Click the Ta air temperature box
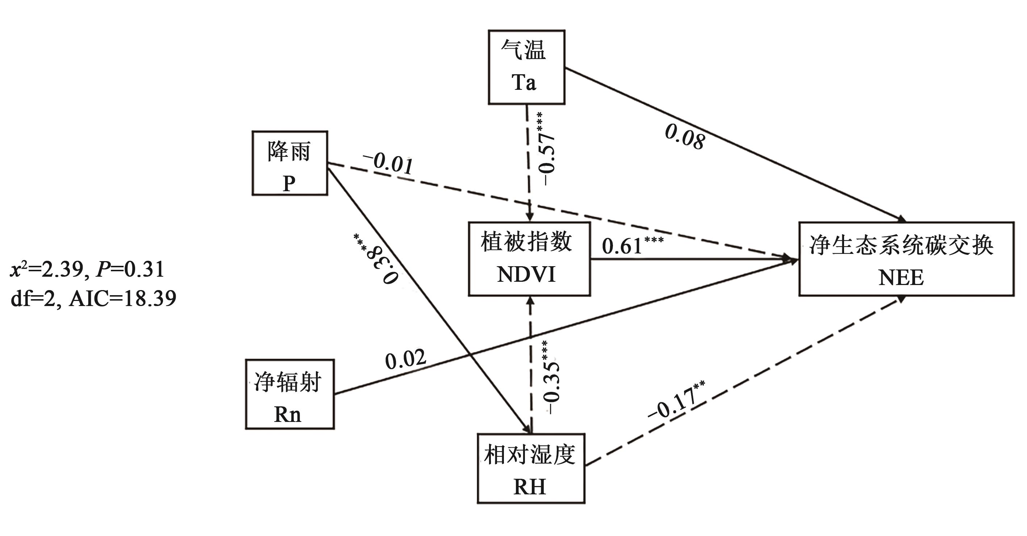click(x=526, y=67)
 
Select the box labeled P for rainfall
click(x=290, y=163)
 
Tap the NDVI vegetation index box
click(x=529, y=259)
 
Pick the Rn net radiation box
click(x=289, y=394)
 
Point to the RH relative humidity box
click(x=531, y=469)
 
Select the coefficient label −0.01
click(x=388, y=163)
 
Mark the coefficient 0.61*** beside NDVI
click(x=632, y=245)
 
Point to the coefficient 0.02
click(x=405, y=359)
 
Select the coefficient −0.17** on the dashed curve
click(x=676, y=401)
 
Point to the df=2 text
click(x=33, y=298)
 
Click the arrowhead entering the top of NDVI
click(x=530, y=217)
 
